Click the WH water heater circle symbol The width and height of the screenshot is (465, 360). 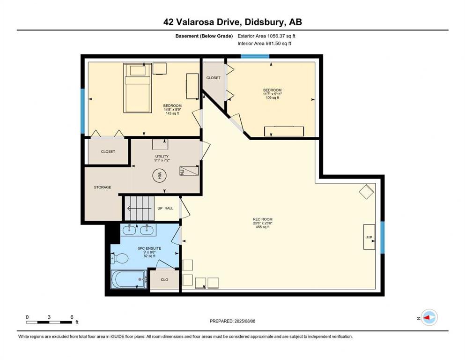pyautogui.click(x=159, y=176)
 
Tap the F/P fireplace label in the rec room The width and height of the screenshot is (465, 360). pyautogui.click(x=369, y=238)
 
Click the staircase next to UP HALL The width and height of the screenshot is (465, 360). pyautogui.click(x=139, y=208)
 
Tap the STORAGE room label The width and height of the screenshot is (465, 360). pyautogui.click(x=103, y=187)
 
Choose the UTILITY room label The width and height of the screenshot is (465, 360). pyautogui.click(x=162, y=157)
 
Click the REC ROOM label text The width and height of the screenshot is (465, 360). pyautogui.click(x=263, y=219)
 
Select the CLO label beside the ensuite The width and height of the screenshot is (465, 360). pyautogui.click(x=164, y=279)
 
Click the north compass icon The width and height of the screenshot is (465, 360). pyautogui.click(x=428, y=318)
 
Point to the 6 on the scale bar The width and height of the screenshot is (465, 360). pyautogui.click(x=71, y=317)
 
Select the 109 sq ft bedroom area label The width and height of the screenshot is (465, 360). pyautogui.click(x=272, y=97)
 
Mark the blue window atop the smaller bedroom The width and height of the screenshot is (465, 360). pyautogui.click(x=255, y=56)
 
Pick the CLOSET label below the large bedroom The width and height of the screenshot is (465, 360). pyautogui.click(x=108, y=151)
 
